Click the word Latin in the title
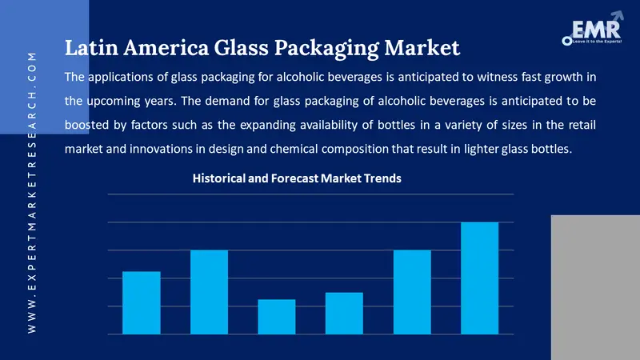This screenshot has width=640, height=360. pos(88,49)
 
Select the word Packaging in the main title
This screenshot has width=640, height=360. pos(338,49)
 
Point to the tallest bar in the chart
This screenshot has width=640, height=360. pos(480,278)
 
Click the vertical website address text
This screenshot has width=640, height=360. pos(32,192)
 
